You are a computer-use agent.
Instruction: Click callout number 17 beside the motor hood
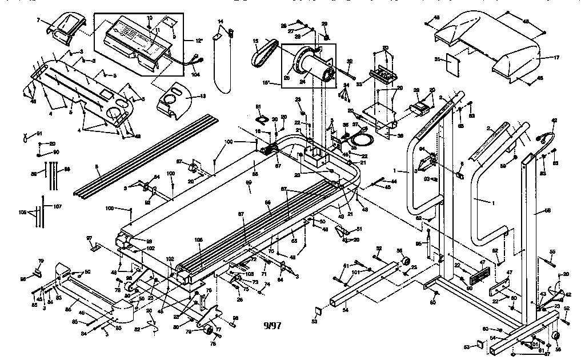pyautogui.click(x=556, y=58)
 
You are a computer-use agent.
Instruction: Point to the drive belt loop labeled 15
pyautogui.click(x=264, y=54)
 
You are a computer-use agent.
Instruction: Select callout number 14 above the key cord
pyautogui.click(x=221, y=22)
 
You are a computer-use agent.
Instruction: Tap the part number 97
pyautogui.click(x=89, y=238)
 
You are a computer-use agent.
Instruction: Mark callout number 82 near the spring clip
pyautogui.click(x=137, y=330)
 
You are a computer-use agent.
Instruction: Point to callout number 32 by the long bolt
pyautogui.click(x=349, y=62)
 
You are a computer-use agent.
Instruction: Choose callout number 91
pyautogui.click(x=39, y=134)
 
